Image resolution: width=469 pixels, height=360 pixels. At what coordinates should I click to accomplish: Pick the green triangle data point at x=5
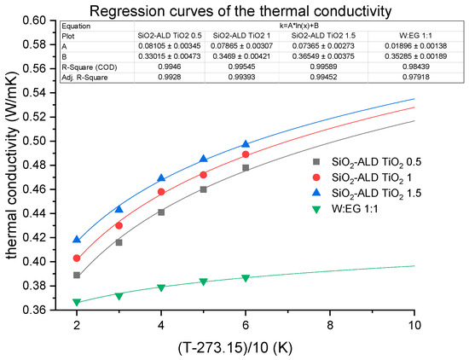203,282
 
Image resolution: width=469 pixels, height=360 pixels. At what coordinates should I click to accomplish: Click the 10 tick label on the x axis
414,325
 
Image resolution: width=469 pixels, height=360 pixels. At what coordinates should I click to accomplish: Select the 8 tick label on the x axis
330,325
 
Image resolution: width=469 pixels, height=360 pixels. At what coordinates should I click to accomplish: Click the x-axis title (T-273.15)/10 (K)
246,346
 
